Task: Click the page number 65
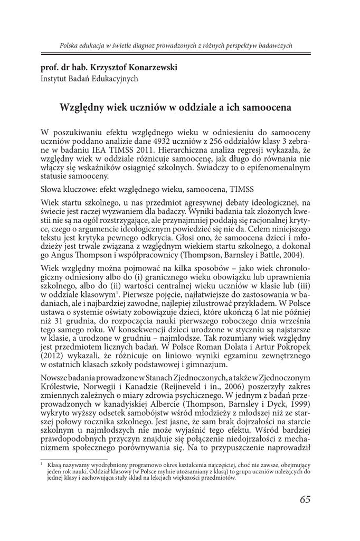pyautogui.click(x=305, y=500)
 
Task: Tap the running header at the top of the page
pyautogui.click(x=176, y=46)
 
